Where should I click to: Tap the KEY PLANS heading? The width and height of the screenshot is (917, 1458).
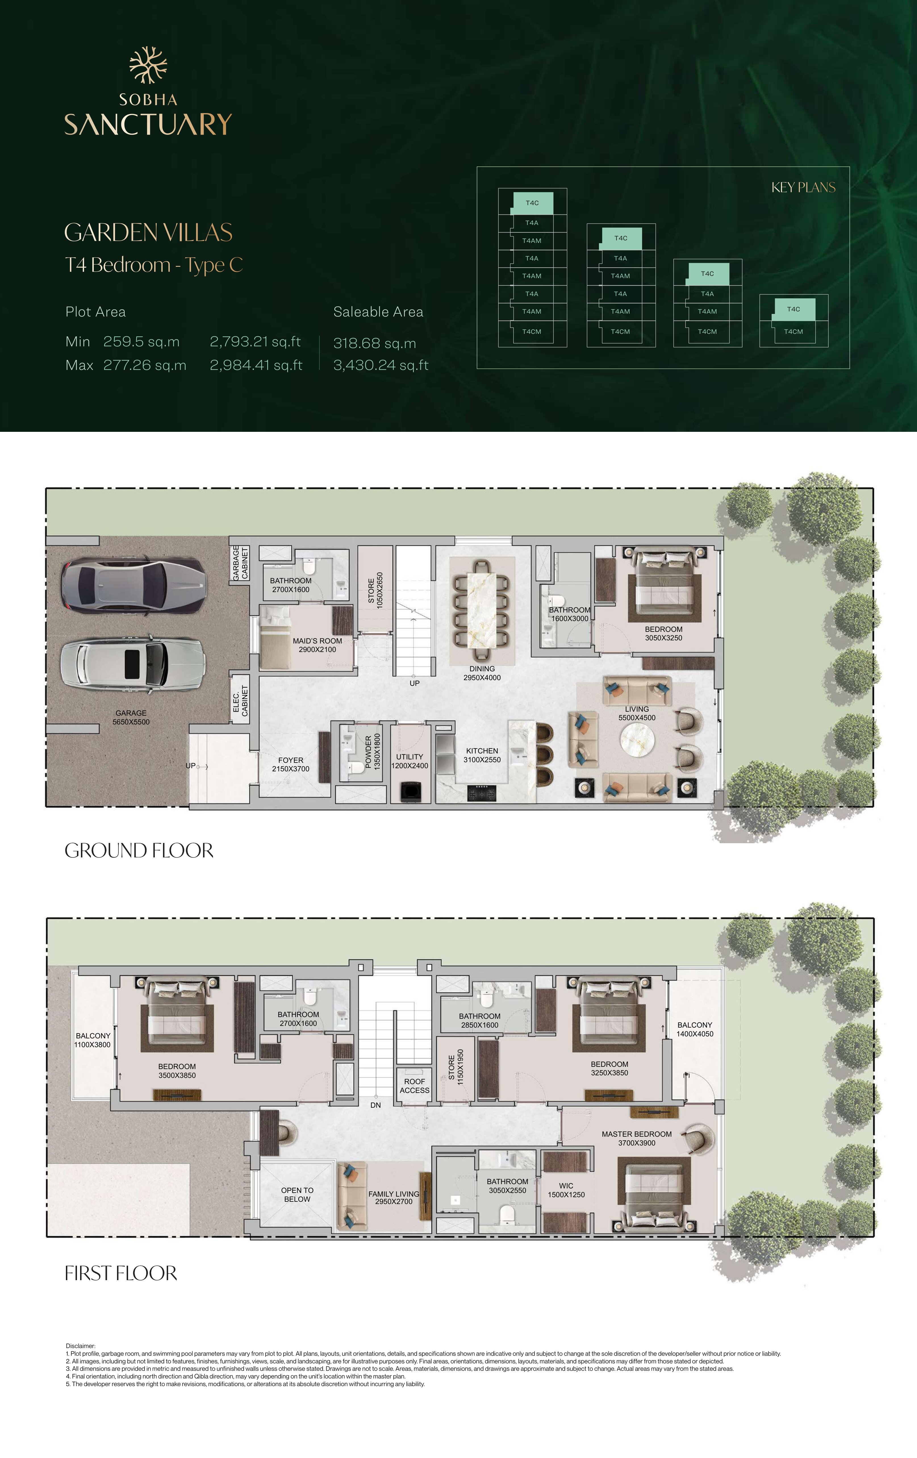[803, 188]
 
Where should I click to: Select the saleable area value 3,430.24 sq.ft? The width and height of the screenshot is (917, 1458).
[381, 365]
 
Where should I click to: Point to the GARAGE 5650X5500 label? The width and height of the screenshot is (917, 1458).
[131, 718]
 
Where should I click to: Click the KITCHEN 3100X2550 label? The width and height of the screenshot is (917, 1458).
[482, 755]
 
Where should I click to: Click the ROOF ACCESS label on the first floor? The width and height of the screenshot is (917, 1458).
[415, 1086]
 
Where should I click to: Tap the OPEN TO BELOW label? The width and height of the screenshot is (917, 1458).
[297, 1195]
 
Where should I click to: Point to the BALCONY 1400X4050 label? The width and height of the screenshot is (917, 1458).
[695, 1029]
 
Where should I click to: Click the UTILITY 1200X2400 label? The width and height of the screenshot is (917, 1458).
[410, 761]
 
